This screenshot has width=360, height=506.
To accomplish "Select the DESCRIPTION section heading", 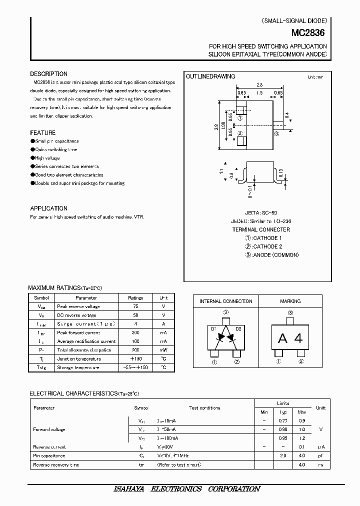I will tap(48, 74).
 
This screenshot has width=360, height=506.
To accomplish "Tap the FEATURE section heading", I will tap(42, 133).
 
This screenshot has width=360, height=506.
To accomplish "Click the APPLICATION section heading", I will tap(48, 208).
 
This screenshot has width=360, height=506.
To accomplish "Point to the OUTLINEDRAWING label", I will tap(210, 76).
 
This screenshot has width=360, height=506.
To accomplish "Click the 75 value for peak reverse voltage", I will tap(135, 306).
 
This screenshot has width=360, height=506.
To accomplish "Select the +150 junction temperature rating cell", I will tap(135, 358).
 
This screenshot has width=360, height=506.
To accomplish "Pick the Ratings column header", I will tap(135, 297).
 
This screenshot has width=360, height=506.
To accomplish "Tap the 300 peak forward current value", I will tap(135, 332).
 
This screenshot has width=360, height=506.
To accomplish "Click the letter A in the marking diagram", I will tap(282, 338).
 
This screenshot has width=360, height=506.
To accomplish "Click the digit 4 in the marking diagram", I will tap(298, 338).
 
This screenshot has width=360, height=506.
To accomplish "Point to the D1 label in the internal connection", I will tap(213, 328).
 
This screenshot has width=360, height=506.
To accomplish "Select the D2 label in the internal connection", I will tap(238, 328).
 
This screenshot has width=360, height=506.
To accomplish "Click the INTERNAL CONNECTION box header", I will tap(226, 301).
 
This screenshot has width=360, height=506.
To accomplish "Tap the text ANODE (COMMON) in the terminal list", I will tap(275, 255).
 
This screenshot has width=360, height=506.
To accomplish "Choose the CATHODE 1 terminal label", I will tap(267, 238).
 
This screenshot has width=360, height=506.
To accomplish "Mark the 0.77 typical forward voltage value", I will tap(282, 421).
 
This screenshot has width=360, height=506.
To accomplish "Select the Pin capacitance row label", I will tap(49, 456).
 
